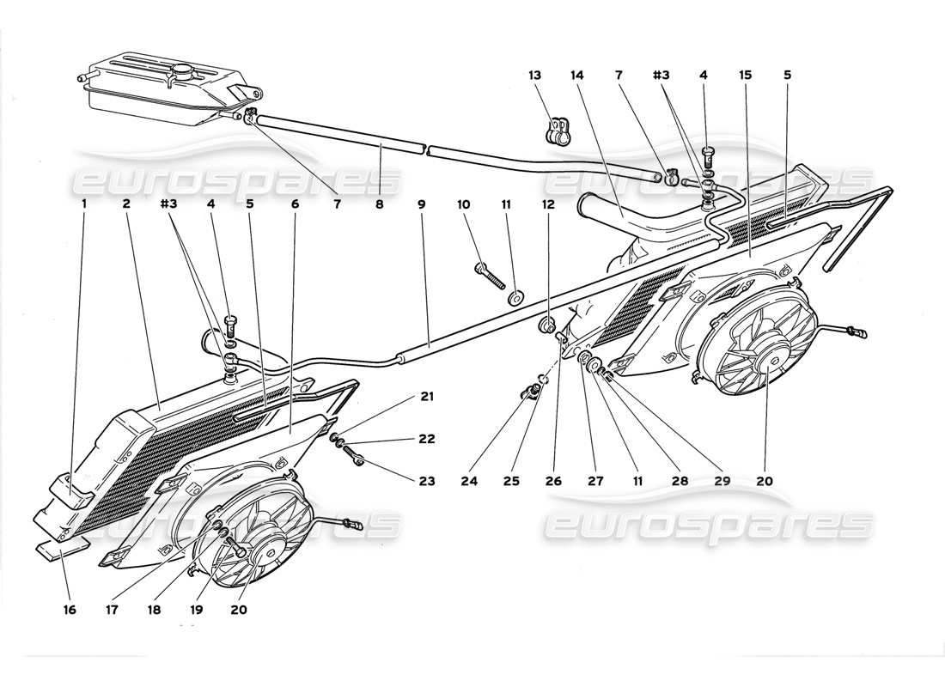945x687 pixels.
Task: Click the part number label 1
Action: [x=84, y=204]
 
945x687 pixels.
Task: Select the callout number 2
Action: [x=126, y=204]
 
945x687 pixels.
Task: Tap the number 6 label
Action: [x=295, y=204]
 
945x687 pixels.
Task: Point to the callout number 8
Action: [x=380, y=204]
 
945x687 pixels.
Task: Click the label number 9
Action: [x=422, y=204]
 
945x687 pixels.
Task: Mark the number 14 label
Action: [x=576, y=75]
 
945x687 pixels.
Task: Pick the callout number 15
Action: [x=744, y=75]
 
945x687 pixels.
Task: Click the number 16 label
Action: [x=70, y=610]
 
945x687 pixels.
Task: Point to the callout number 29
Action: [x=721, y=482]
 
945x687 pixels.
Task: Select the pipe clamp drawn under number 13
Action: [x=557, y=130]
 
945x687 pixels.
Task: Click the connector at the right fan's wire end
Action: [x=857, y=331]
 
